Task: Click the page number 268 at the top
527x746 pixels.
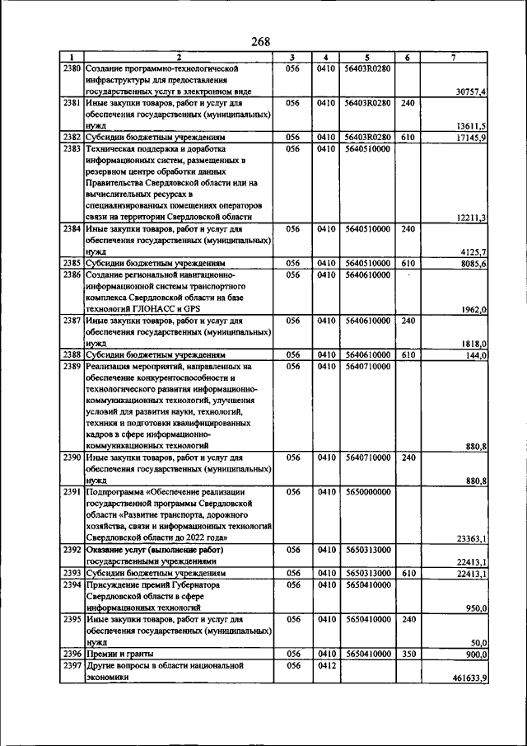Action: point(261,42)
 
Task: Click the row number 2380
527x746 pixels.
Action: point(72,68)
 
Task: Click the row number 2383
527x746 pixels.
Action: point(72,149)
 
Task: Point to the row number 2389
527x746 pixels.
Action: point(72,366)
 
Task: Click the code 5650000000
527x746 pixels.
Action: point(368,492)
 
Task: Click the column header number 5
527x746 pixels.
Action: point(368,57)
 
